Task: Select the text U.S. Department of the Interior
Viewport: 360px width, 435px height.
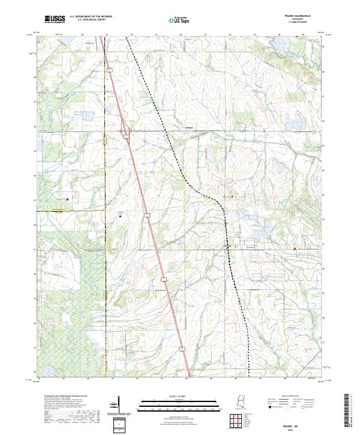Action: pyautogui.click(x=91, y=17)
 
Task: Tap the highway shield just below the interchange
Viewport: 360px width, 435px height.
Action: pyautogui.click(x=127, y=137)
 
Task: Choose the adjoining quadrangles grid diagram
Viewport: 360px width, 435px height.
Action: pyautogui.click(x=237, y=421)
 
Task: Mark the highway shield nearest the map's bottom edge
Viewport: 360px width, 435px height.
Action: pyautogui.click(x=163, y=279)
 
